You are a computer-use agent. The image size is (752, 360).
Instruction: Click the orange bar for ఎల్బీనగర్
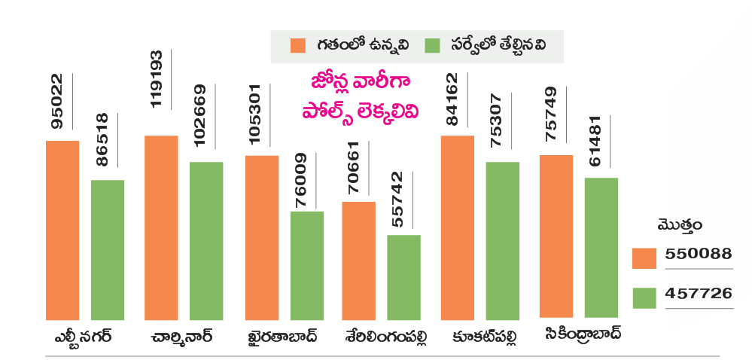point(62,230)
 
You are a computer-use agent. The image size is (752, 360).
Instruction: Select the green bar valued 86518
point(108,249)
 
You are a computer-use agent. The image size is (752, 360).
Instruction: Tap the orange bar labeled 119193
point(161,227)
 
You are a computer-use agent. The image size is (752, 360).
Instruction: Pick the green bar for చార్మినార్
point(206,240)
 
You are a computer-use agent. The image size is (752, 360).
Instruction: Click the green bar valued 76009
point(307,265)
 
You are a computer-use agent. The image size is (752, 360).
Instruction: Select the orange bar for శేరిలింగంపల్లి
point(358,261)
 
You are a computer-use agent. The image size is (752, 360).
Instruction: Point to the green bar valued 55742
point(403,277)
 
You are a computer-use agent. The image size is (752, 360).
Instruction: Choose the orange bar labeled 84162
point(458,227)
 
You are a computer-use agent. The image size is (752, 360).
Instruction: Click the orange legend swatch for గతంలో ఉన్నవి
point(298,45)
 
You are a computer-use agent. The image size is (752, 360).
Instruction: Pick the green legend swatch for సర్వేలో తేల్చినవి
point(432,45)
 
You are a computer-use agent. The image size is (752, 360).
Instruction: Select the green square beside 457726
point(644,298)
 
